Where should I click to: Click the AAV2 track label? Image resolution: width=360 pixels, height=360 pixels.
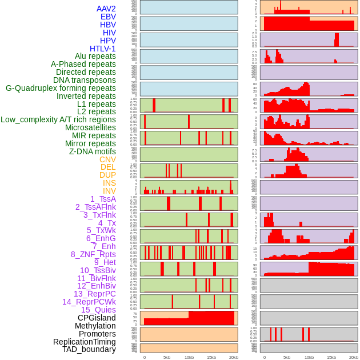[106, 9]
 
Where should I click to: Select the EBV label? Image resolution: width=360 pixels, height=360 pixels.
[108, 17]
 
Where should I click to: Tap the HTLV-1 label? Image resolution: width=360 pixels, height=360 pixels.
[102, 49]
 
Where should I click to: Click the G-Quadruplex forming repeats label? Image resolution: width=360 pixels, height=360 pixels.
[61, 88]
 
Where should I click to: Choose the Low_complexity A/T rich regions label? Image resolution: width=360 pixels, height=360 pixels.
[58, 119]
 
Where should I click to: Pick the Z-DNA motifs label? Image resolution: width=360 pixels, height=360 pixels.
[92, 151]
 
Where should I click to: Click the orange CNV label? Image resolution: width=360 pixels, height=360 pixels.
[107, 159]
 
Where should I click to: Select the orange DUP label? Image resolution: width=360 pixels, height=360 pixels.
[107, 175]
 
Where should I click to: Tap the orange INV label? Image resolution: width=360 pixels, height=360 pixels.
[109, 191]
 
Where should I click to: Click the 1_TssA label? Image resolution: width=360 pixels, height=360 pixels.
[103, 199]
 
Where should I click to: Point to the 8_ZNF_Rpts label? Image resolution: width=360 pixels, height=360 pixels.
[93, 254]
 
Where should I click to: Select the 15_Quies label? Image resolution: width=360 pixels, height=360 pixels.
[98, 310]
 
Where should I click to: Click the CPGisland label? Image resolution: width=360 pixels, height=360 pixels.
[97, 318]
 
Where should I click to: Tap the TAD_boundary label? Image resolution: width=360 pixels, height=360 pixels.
[89, 349]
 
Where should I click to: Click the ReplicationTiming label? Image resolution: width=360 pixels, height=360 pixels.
[84, 342]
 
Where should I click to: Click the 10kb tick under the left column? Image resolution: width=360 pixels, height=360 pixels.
[189, 357]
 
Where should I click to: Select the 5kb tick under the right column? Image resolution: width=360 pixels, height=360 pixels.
[287, 357]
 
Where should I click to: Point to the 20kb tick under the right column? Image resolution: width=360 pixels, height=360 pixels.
[354, 357]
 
